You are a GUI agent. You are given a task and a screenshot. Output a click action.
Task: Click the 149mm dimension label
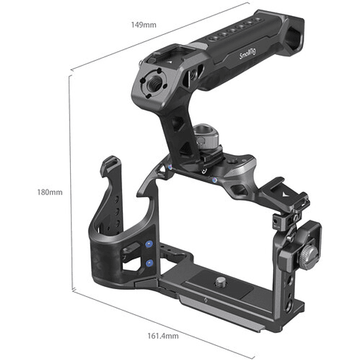point(143,25)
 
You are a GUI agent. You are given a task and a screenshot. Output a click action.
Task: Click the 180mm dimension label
point(50,192)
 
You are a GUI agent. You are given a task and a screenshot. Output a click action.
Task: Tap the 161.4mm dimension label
point(163,336)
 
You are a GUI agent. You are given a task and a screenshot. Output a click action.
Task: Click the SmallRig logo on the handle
point(247,54)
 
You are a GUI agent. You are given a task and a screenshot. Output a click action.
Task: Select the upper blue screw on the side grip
point(149,244)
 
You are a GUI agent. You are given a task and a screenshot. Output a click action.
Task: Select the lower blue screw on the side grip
point(150,263)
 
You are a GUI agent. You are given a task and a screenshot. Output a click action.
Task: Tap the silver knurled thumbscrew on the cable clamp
point(307,258)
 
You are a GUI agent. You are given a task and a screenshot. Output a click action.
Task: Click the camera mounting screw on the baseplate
point(220,282)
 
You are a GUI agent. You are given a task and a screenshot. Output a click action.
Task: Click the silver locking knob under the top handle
point(205,136)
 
